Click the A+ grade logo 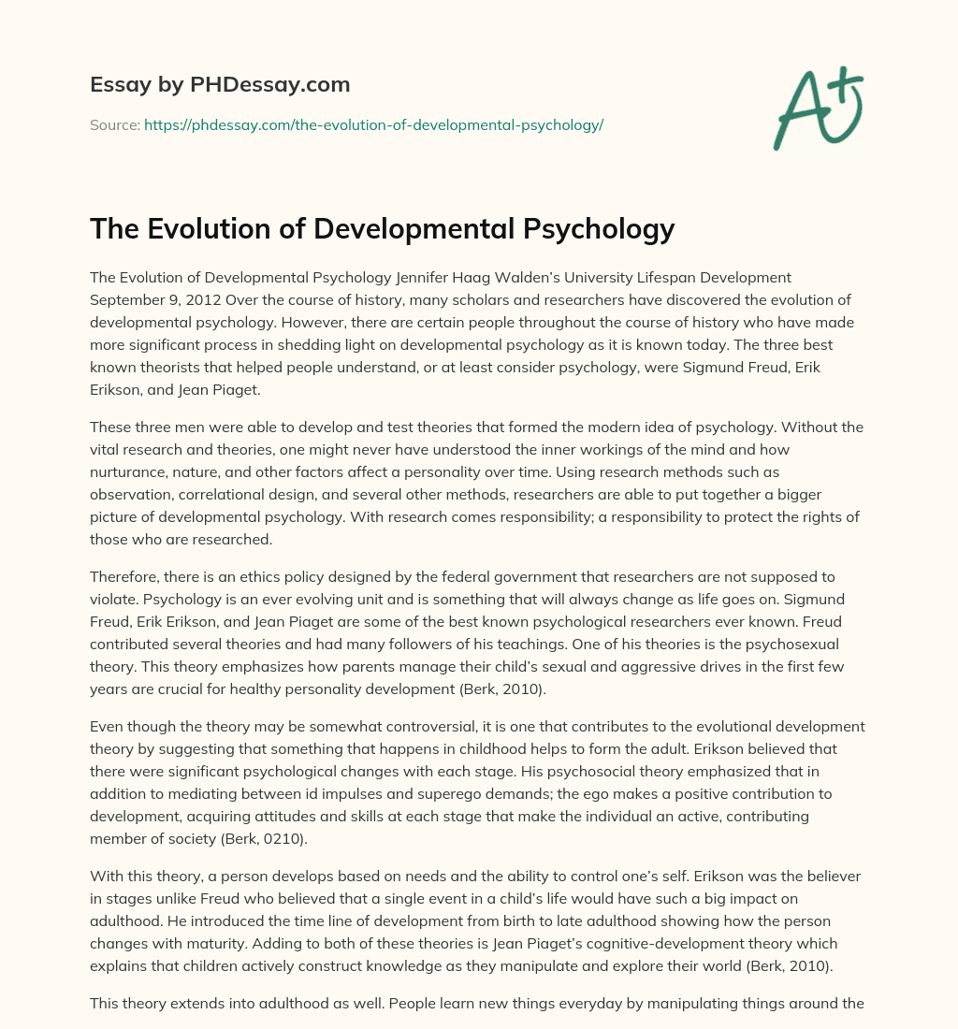coord(817,107)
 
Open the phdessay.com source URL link coord(373,124)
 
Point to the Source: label coord(114,124)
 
